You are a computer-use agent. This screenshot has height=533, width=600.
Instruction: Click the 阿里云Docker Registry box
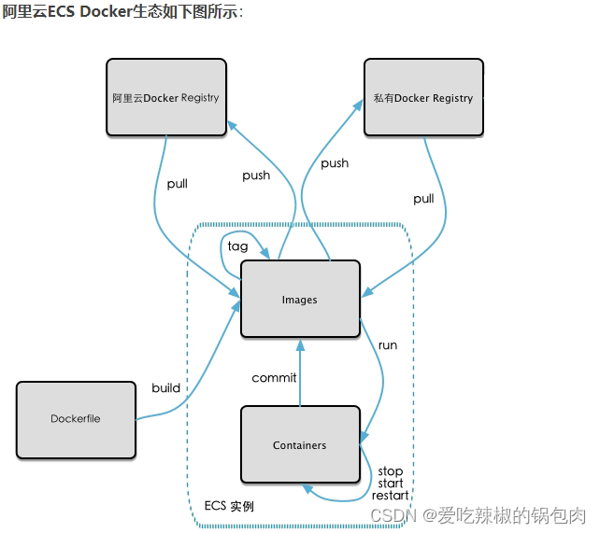(x=166, y=98)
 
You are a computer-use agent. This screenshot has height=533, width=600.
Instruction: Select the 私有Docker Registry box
(x=423, y=98)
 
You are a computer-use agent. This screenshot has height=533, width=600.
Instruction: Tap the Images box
(x=300, y=300)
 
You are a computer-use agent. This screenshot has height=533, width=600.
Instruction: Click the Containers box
(x=300, y=445)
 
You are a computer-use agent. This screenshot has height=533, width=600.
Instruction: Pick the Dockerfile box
(x=76, y=419)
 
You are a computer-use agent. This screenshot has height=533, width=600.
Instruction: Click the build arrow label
(x=166, y=387)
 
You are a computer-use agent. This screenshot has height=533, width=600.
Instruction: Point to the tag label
(x=238, y=246)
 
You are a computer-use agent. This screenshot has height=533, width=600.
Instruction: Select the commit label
(x=274, y=378)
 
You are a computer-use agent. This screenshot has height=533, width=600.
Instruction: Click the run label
(x=387, y=345)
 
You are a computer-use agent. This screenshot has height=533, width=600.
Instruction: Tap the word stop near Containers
(x=390, y=471)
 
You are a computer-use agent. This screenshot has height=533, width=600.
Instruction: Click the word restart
(x=390, y=495)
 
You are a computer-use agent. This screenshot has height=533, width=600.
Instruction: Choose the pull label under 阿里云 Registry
(x=177, y=184)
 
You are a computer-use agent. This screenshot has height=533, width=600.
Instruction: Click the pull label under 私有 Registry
(x=423, y=199)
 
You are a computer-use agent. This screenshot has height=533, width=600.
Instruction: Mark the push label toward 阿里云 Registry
(x=256, y=175)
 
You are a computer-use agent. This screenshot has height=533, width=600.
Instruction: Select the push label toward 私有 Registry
(x=335, y=163)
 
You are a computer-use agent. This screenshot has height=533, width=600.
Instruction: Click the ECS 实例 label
(x=229, y=506)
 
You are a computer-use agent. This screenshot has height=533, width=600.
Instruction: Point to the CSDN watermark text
(x=478, y=514)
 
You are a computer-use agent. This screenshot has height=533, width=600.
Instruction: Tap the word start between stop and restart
(x=391, y=484)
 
